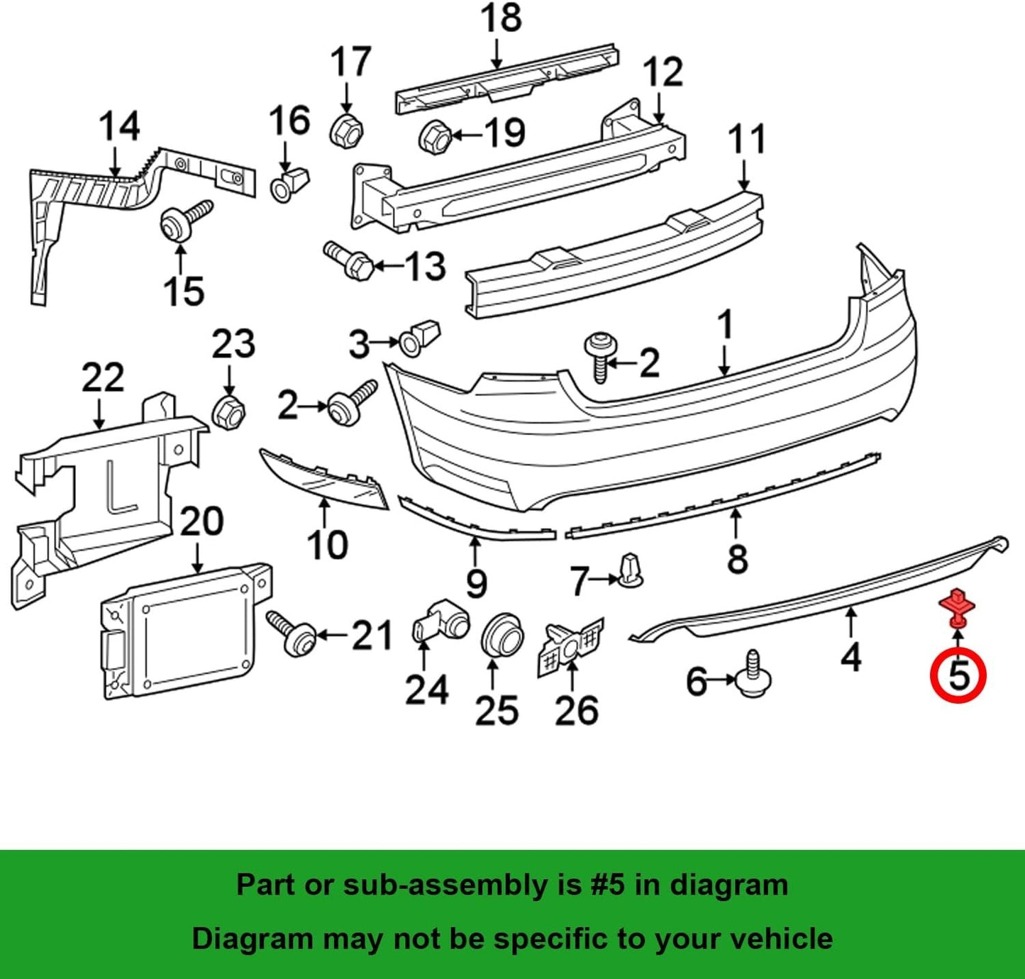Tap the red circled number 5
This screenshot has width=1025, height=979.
click(958, 675)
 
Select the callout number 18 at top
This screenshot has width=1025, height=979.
click(501, 19)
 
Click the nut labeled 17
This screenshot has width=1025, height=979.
click(347, 129)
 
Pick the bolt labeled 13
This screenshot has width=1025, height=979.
click(348, 260)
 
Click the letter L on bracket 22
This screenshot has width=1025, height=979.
click(120, 487)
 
